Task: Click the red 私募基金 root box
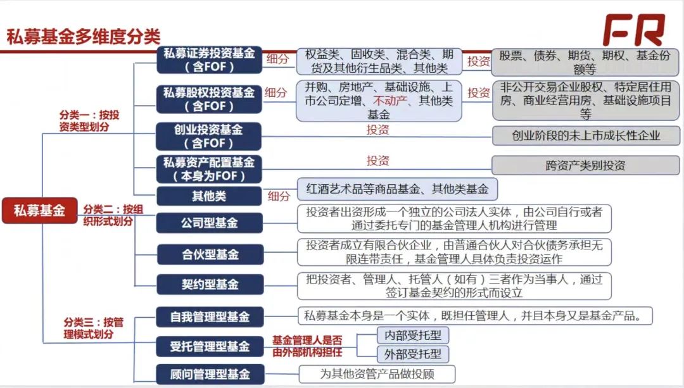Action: [x=40, y=211]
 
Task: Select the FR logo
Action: [x=634, y=30]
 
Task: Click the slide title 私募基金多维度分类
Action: [x=84, y=37]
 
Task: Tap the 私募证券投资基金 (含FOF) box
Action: [x=210, y=59]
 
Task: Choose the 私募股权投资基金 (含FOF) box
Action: [x=210, y=99]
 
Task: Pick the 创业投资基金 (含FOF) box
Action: [x=208, y=136]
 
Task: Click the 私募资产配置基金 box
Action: [x=209, y=169]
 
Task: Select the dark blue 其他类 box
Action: [x=209, y=196]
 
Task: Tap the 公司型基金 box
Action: [x=210, y=223]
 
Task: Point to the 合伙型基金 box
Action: [x=210, y=254]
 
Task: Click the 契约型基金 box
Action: [x=210, y=285]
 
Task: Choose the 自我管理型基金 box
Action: [x=210, y=317]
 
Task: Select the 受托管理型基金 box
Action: [x=210, y=347]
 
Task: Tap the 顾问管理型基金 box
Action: [x=210, y=374]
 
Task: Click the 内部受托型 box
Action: [x=413, y=335]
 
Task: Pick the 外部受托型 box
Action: [x=413, y=354]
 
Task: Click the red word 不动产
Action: [x=390, y=101]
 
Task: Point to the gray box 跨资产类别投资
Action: [x=585, y=166]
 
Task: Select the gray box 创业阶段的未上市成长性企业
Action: [x=586, y=135]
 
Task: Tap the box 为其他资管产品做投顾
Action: [x=377, y=374]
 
